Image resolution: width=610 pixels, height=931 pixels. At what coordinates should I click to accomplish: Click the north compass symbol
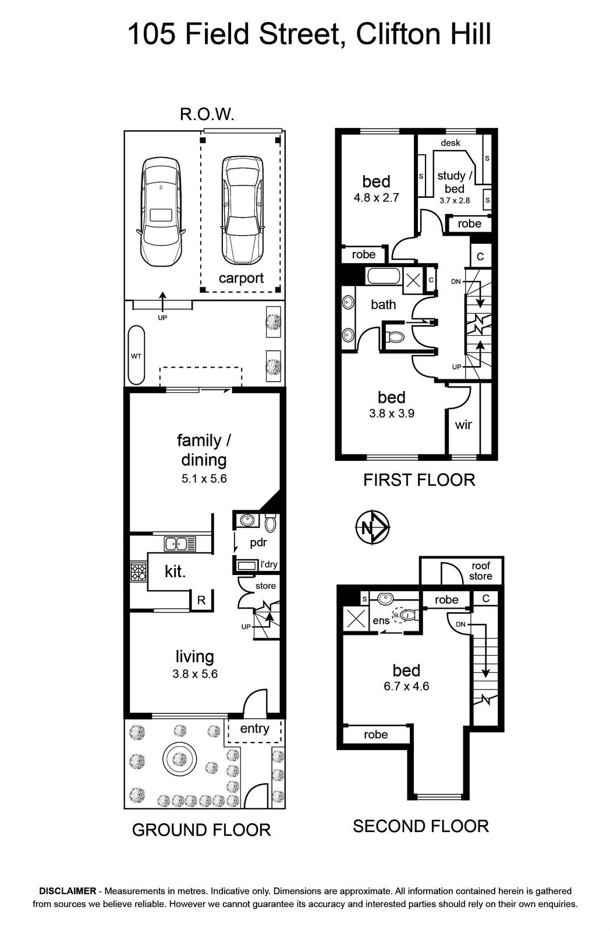click(373, 527)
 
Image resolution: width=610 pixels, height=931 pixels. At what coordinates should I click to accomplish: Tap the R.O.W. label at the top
click(207, 114)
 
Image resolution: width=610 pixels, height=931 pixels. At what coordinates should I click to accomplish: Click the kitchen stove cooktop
click(139, 571)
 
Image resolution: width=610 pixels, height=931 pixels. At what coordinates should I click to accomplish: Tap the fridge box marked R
click(201, 600)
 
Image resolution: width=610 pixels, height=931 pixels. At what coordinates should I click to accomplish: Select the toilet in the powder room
click(271, 523)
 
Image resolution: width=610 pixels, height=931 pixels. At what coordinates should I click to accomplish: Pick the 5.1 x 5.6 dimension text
click(204, 479)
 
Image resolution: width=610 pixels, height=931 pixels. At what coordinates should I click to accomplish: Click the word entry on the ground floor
click(254, 728)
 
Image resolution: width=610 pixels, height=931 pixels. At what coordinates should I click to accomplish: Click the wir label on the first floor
click(463, 425)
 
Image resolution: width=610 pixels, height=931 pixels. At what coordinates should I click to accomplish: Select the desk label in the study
click(451, 143)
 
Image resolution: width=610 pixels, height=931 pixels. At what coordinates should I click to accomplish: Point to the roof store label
click(481, 571)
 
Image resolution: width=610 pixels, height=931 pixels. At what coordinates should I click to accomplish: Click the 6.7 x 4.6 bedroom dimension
click(406, 686)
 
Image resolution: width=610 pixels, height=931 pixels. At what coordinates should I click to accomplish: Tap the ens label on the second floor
click(381, 621)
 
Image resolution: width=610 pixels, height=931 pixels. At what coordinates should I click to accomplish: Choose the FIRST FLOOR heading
click(419, 480)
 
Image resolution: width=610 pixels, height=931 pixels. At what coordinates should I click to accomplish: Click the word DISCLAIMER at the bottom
click(68, 891)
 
